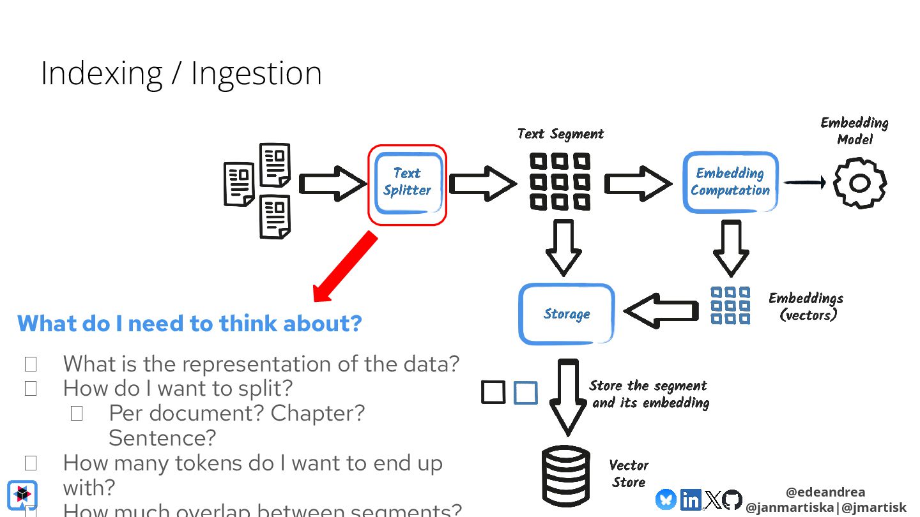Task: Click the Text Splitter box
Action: coord(407,183)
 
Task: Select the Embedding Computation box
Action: coord(730,183)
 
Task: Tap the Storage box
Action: coord(566,314)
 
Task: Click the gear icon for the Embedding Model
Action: coord(860,183)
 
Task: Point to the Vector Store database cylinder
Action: coord(565,476)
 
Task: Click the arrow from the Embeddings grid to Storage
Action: coord(661,311)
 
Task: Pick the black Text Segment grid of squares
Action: coord(560,182)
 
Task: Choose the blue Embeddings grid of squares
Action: coord(730,305)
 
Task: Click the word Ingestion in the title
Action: coord(256,73)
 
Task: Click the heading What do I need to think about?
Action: coord(190,323)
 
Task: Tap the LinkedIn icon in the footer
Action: coord(691,500)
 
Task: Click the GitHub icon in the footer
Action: coord(732,500)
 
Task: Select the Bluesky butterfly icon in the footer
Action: coord(666,499)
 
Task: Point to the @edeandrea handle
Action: coord(825,492)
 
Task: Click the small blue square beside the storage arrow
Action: coord(526,393)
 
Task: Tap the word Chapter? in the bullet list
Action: coord(318,413)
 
